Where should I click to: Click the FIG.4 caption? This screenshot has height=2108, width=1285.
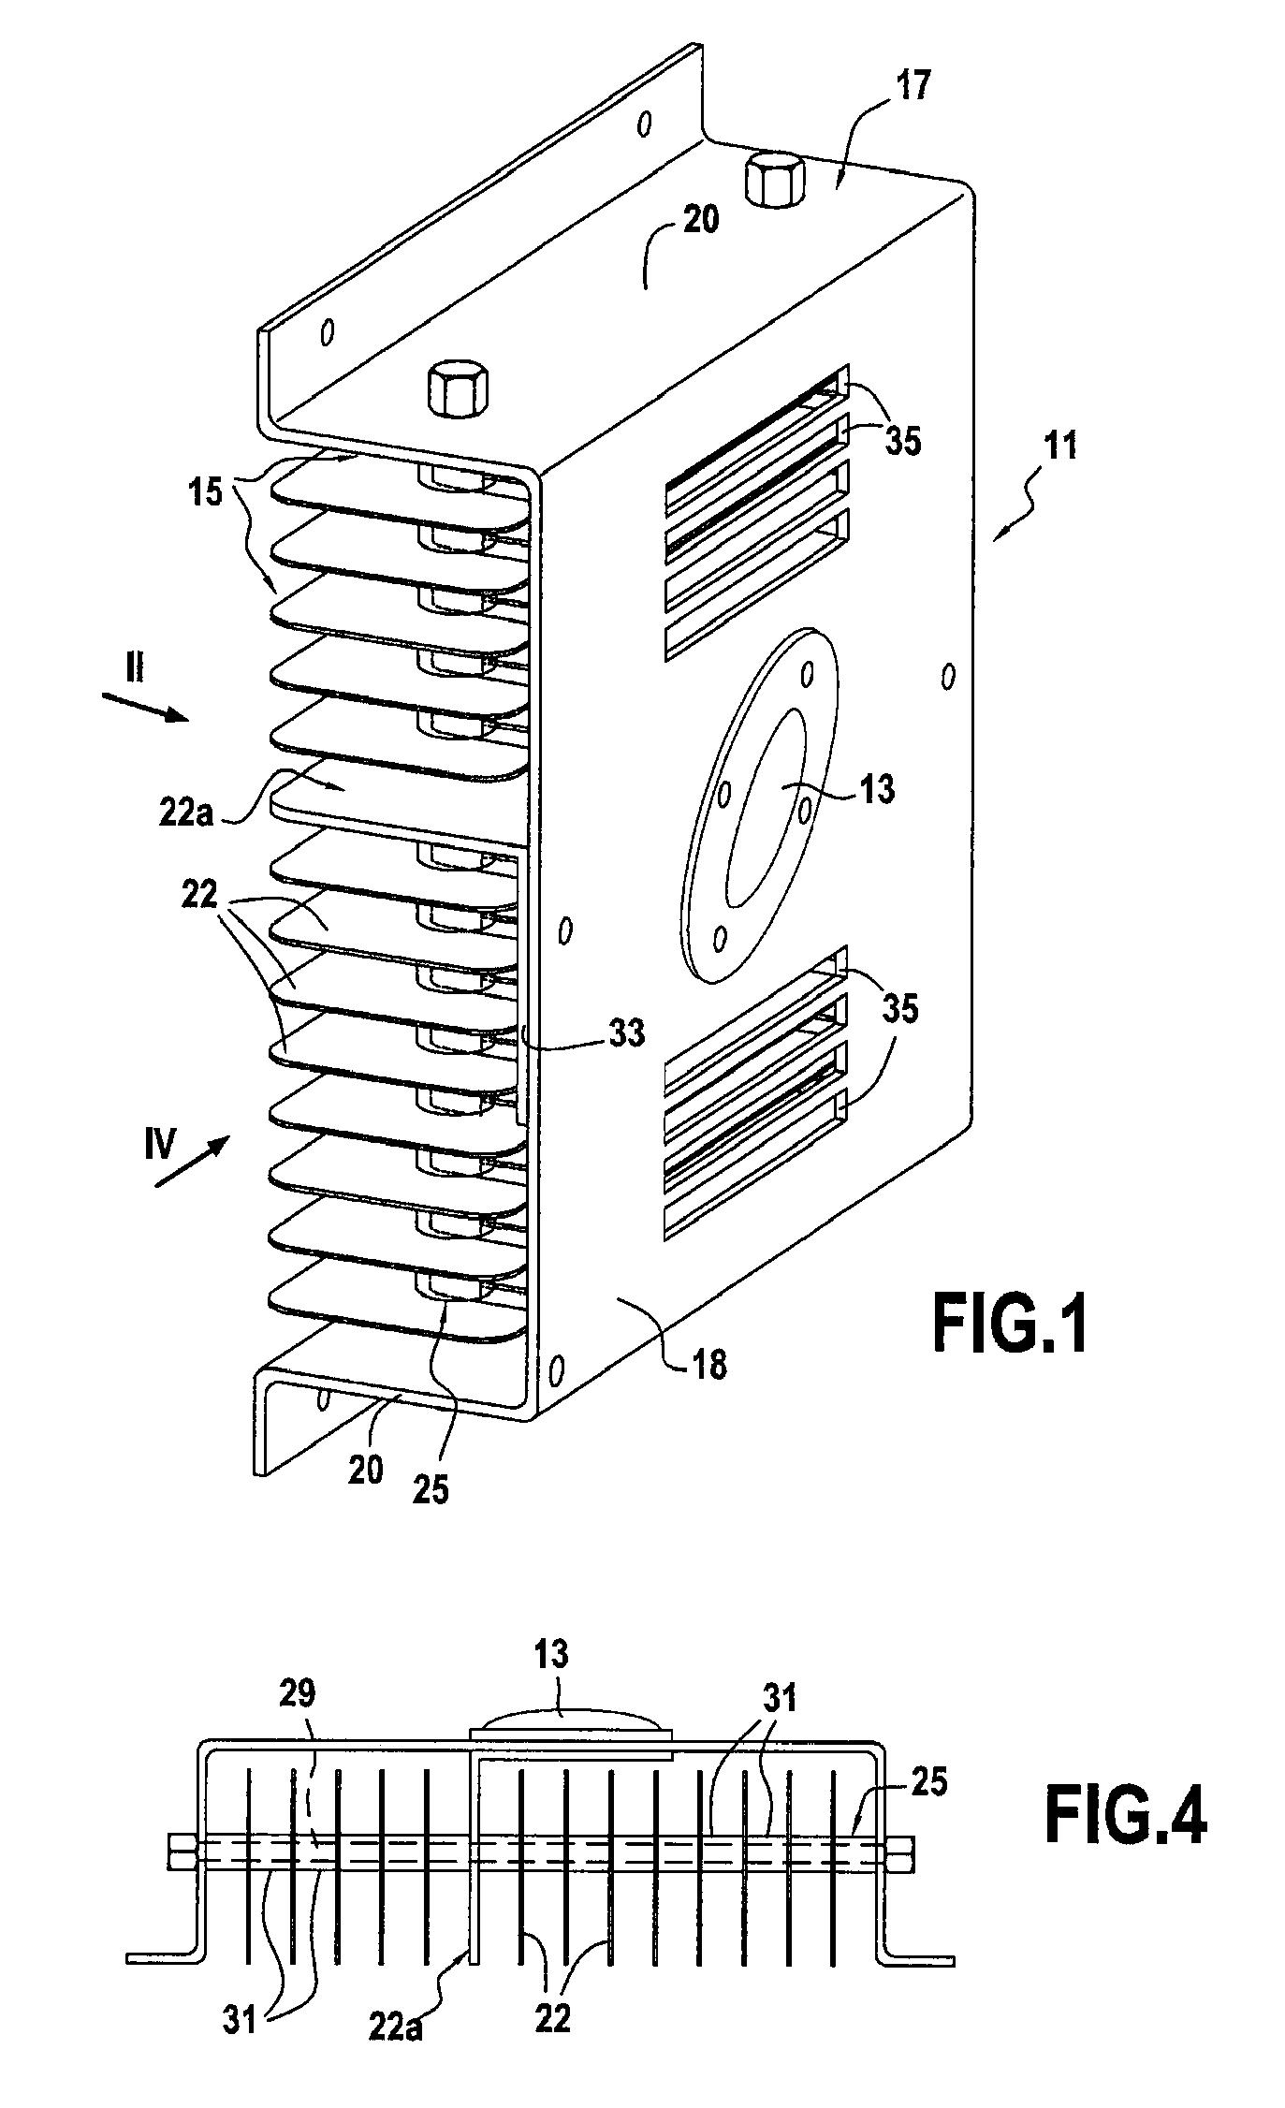(1125, 1815)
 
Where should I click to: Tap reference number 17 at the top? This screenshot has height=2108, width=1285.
(910, 86)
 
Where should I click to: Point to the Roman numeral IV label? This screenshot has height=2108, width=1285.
(160, 1144)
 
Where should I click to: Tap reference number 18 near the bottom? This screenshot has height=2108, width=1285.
(710, 1365)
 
